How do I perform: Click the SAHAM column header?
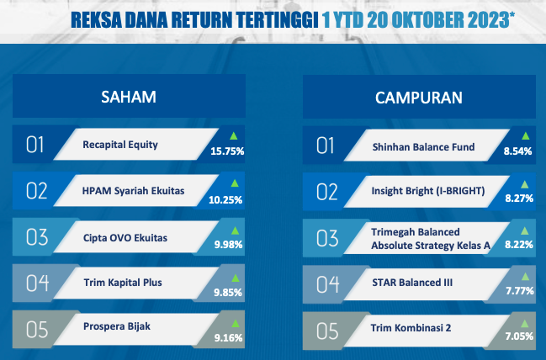(129, 97)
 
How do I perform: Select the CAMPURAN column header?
(419, 98)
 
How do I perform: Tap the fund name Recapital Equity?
(120, 145)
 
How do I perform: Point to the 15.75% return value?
(227, 151)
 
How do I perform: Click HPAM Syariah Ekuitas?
(134, 191)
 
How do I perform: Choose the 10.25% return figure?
(225, 200)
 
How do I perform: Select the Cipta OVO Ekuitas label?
(125, 238)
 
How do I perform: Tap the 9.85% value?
(228, 293)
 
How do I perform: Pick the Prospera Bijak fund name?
(117, 326)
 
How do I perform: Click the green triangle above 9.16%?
(236, 324)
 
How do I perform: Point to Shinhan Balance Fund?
(423, 147)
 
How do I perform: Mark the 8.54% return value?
(517, 151)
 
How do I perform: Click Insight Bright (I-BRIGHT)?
(428, 191)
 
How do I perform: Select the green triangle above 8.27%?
(524, 184)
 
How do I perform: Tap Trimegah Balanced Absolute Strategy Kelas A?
(431, 239)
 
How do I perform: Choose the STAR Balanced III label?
(412, 283)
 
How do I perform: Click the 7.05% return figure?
(519, 336)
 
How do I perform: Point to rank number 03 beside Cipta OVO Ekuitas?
(37, 237)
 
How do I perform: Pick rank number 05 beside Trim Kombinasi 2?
(327, 331)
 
